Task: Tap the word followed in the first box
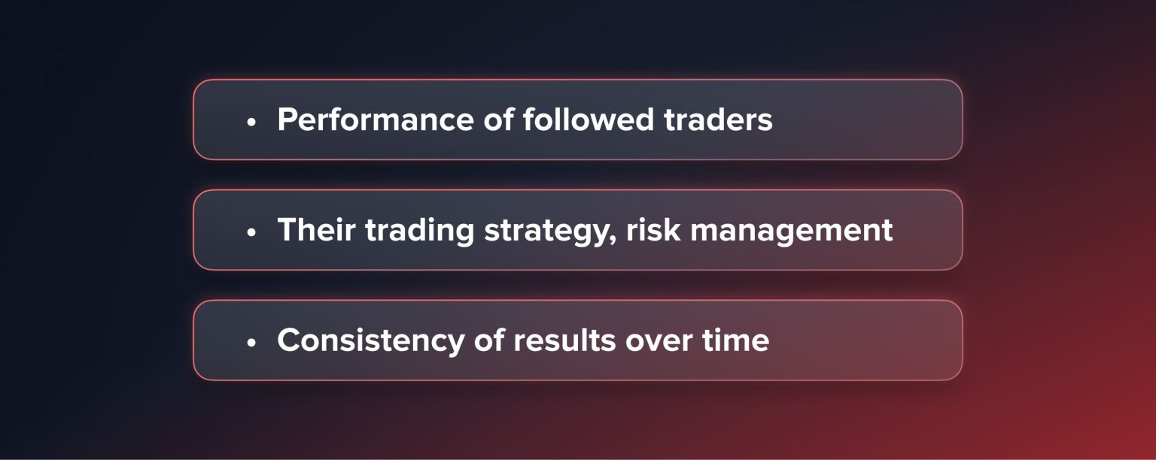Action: click(x=583, y=120)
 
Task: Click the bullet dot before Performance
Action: click(x=252, y=122)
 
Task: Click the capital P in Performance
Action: click(x=286, y=120)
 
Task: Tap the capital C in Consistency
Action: click(x=287, y=340)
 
